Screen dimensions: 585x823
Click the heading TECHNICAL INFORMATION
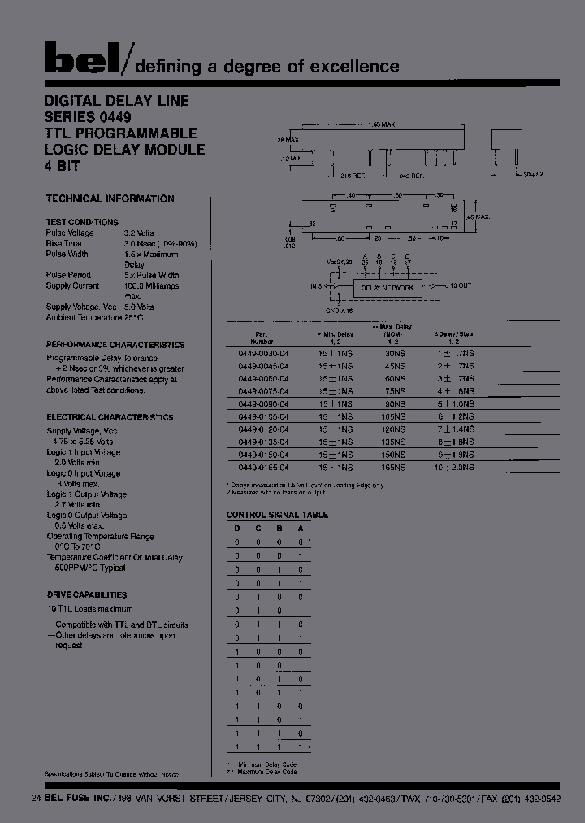click(110, 198)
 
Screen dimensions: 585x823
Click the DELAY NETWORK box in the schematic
click(387, 287)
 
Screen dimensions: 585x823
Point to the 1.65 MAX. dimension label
click(381, 124)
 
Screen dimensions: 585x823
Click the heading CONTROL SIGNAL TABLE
click(277, 515)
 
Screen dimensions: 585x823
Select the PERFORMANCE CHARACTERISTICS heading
click(115, 345)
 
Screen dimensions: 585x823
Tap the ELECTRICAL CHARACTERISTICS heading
click(110, 417)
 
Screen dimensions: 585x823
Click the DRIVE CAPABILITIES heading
click(86, 594)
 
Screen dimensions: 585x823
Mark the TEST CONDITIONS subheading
click(82, 222)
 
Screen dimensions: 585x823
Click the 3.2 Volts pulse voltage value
click(140, 233)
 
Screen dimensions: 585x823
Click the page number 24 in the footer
click(35, 798)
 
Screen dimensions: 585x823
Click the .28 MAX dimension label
click(288, 141)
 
